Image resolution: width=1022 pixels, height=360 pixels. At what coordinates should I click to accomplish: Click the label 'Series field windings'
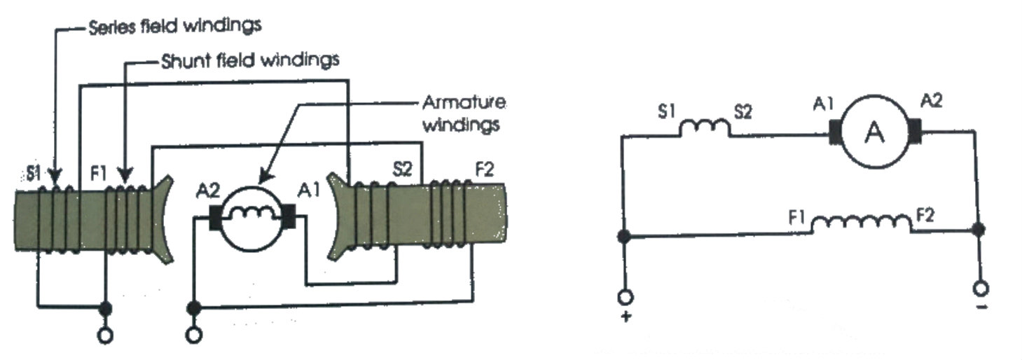pyautogui.click(x=174, y=27)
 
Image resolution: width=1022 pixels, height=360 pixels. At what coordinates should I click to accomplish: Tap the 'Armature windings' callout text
pyautogui.click(x=463, y=113)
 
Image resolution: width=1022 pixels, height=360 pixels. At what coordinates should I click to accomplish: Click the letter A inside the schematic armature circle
pyautogui.click(x=873, y=133)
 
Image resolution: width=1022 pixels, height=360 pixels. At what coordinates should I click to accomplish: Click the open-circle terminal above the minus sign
pyautogui.click(x=981, y=289)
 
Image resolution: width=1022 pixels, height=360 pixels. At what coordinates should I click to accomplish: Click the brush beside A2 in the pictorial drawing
pyautogui.click(x=215, y=218)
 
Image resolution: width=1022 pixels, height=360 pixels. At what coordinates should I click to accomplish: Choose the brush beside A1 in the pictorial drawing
pyautogui.click(x=289, y=216)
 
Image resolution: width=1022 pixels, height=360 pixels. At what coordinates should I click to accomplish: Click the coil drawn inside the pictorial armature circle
pyautogui.click(x=251, y=213)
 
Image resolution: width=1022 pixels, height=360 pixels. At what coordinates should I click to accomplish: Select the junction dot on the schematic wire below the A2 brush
pyautogui.click(x=979, y=229)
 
